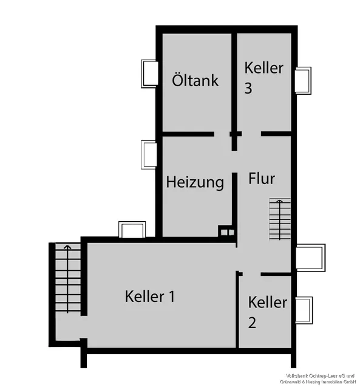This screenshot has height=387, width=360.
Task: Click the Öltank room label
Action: point(195,80)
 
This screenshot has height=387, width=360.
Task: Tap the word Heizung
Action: point(195,182)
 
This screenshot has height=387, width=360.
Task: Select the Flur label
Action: point(262,179)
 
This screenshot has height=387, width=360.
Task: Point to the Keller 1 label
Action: point(150,296)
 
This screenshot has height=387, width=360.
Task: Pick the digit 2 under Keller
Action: point(252,323)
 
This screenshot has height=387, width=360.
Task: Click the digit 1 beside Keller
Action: point(171,296)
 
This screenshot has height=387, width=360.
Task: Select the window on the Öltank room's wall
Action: point(149,73)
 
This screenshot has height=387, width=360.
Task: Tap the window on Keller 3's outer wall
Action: point(302,80)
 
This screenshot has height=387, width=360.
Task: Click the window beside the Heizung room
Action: point(149,154)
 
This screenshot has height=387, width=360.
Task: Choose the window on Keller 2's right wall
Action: point(303,310)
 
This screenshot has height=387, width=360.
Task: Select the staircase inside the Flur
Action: point(280,219)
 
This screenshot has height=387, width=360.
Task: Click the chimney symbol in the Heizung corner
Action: point(226,231)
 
